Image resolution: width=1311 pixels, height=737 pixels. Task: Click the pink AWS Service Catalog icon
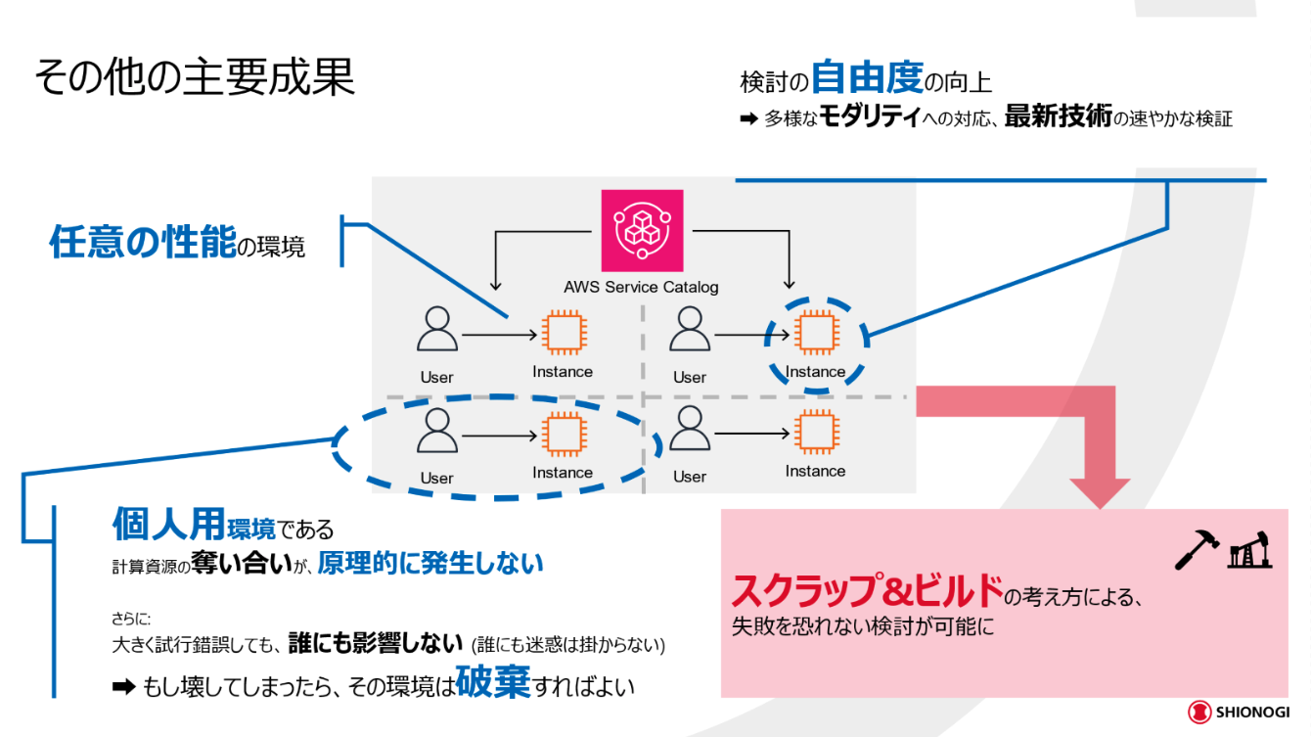(642, 230)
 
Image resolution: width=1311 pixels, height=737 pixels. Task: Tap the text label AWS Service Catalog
(641, 287)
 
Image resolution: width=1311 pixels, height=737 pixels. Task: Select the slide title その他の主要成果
(195, 76)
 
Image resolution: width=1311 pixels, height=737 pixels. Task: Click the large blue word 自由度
(867, 77)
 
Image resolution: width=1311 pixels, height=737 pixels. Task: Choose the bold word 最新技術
(1058, 117)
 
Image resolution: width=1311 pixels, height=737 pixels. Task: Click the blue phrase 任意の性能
(143, 242)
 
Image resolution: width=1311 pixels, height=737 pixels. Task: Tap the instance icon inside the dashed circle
(814, 334)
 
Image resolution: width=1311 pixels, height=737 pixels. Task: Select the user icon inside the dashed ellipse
(436, 432)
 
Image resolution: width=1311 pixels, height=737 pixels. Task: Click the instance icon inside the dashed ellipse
(562, 434)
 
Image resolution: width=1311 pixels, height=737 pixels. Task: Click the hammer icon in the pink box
(1194, 551)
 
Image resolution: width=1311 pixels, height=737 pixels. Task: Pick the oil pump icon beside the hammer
(1248, 550)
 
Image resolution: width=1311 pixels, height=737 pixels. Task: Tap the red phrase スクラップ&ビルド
(868, 591)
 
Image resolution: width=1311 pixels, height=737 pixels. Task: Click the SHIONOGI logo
(1238, 713)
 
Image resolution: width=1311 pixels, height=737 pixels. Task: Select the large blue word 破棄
(493, 682)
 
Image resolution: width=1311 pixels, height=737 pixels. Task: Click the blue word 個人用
(168, 526)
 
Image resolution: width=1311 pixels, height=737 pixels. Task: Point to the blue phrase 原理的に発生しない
(430, 564)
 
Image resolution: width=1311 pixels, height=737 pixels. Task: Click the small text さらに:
(131, 619)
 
